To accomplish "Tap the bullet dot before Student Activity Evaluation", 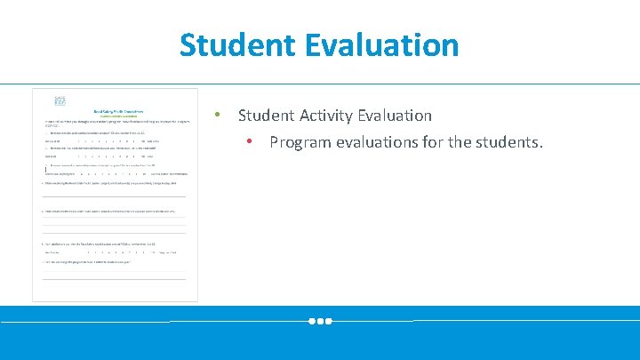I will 216,116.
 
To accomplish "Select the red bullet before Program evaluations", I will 251,141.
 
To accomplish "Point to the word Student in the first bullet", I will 267,116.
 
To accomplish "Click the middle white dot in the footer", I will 320,321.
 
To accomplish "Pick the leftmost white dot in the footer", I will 312,321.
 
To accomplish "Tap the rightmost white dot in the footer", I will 328,321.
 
